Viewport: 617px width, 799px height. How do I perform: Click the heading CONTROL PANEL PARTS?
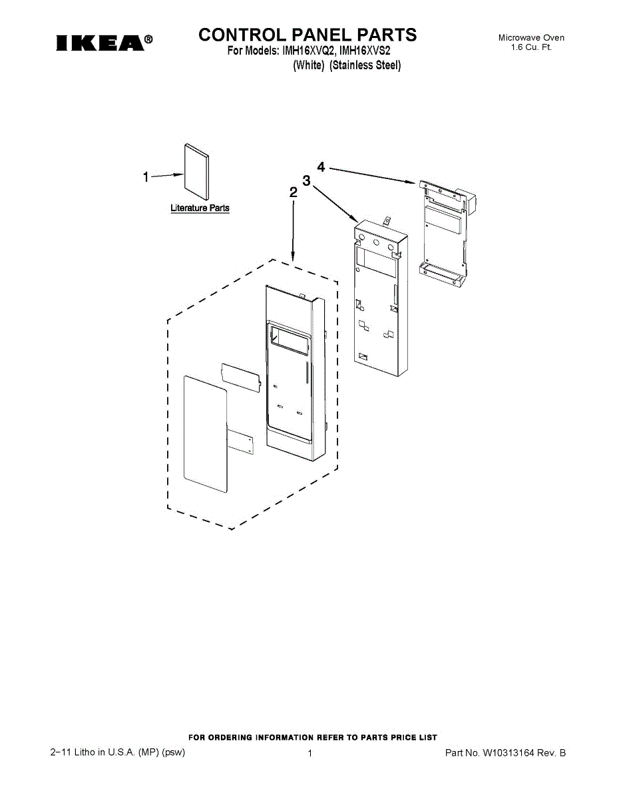[x=308, y=35]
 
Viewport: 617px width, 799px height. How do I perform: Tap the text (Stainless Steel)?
[x=365, y=65]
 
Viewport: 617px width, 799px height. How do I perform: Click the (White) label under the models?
[x=309, y=65]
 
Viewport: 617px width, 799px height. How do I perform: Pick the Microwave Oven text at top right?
[x=531, y=38]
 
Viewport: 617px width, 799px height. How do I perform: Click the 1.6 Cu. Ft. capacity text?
[x=531, y=48]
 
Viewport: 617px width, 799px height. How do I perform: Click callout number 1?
[x=146, y=177]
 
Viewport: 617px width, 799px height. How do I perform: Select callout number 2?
[x=293, y=193]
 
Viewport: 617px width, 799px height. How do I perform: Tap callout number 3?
[x=306, y=180]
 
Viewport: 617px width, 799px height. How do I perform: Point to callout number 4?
[x=321, y=167]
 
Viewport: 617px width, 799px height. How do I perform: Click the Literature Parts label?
[x=200, y=208]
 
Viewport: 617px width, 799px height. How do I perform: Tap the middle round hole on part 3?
[x=377, y=244]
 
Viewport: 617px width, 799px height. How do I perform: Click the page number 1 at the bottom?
[x=310, y=753]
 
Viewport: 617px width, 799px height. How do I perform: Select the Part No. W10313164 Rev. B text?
[x=505, y=753]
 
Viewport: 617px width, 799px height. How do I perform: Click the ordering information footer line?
[x=313, y=737]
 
